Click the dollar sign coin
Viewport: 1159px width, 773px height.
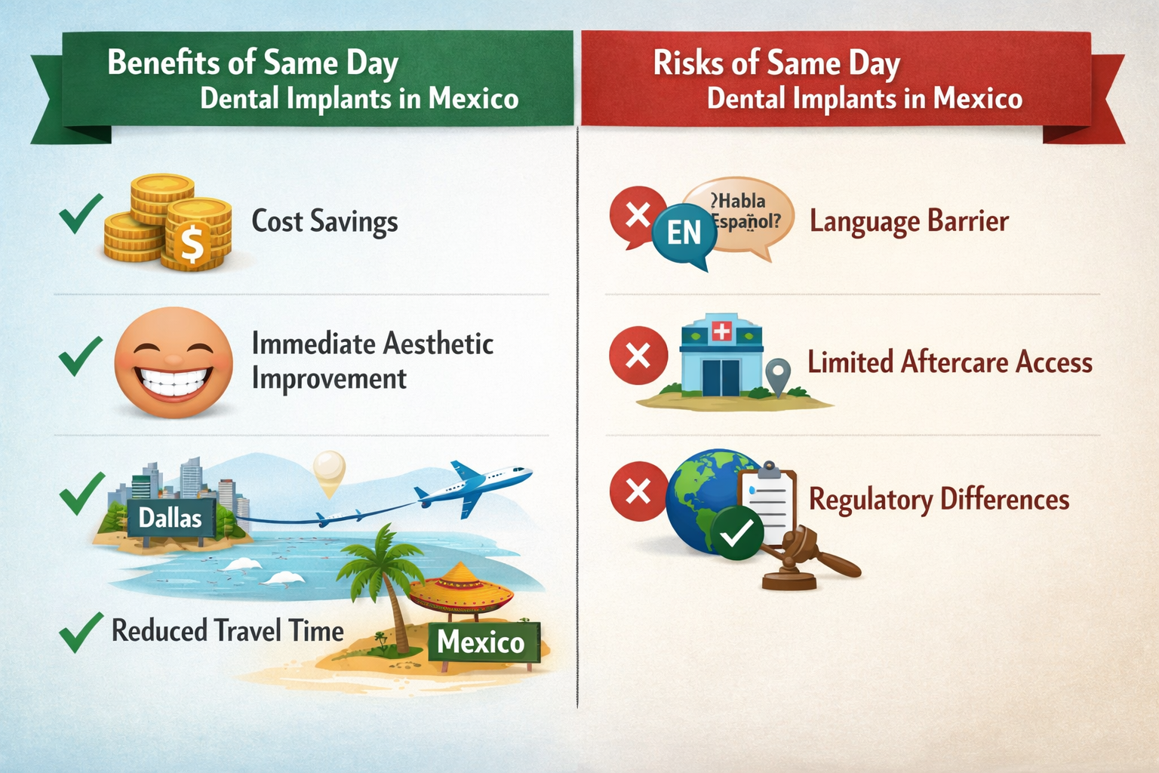192,244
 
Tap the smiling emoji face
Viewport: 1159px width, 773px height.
174,362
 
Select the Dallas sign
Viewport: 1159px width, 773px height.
171,518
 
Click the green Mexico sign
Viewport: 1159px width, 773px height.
481,642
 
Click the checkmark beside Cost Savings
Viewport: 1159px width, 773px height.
81,214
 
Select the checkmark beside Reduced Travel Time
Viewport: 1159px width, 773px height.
81,632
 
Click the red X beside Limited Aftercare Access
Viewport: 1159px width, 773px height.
638,356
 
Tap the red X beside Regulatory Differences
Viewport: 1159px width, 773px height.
638,491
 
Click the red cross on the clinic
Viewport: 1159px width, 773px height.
721,331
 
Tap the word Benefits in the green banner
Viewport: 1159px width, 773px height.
165,63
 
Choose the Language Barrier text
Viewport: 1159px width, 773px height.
908,221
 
